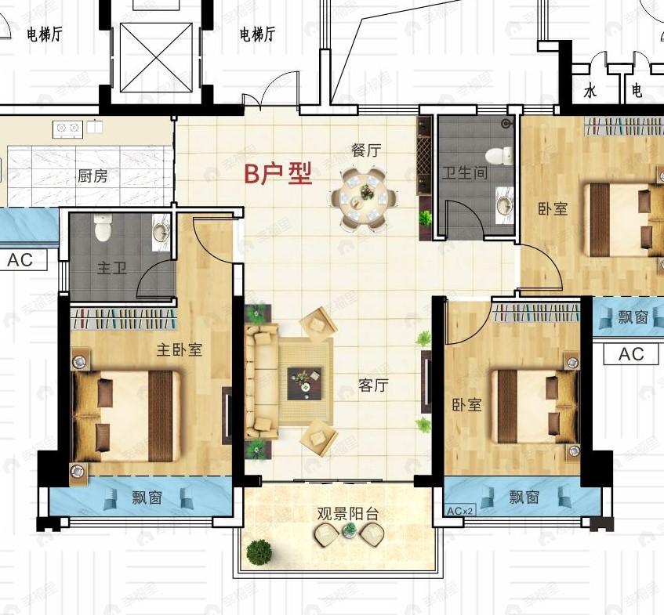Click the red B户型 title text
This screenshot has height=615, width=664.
(x=278, y=174)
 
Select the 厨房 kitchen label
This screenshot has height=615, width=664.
(x=93, y=176)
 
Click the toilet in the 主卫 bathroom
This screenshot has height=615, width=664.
(x=103, y=230)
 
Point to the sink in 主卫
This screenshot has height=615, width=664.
(x=161, y=232)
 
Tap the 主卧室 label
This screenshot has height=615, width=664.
(x=179, y=349)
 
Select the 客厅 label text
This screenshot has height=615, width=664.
(x=374, y=385)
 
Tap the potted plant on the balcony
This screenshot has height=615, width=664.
(x=259, y=552)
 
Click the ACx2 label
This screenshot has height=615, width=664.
(x=460, y=510)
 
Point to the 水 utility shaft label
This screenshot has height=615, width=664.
(x=590, y=92)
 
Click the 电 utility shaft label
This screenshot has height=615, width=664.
(x=637, y=92)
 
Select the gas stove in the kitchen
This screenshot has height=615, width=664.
(x=67, y=128)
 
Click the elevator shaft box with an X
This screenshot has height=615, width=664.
(x=156, y=56)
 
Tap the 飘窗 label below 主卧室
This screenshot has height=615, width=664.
(x=147, y=497)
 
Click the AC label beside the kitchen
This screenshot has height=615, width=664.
(x=20, y=260)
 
